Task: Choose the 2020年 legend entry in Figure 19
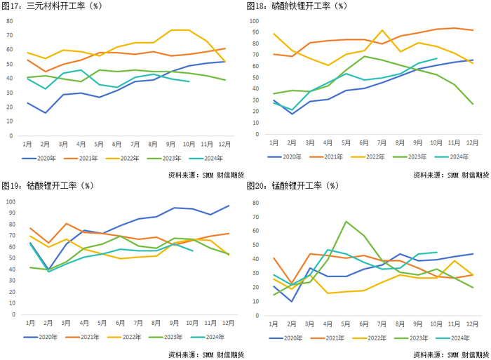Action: point(45,338)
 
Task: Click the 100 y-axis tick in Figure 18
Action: point(255,20)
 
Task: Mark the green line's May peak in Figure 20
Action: point(347,222)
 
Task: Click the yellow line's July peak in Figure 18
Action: point(382,30)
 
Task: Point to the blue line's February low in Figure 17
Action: point(46,113)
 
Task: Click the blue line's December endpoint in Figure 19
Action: point(229,206)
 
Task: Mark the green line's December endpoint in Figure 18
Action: point(473,104)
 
